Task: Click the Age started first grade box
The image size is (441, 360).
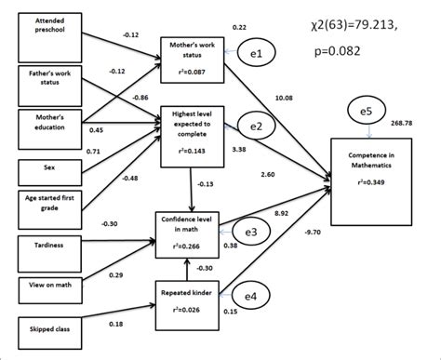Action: (44, 206)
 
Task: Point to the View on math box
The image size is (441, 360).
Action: (44, 285)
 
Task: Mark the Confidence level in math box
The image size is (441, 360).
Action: (190, 232)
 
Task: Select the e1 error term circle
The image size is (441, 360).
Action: (258, 55)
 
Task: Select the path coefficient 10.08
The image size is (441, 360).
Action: (290, 98)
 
